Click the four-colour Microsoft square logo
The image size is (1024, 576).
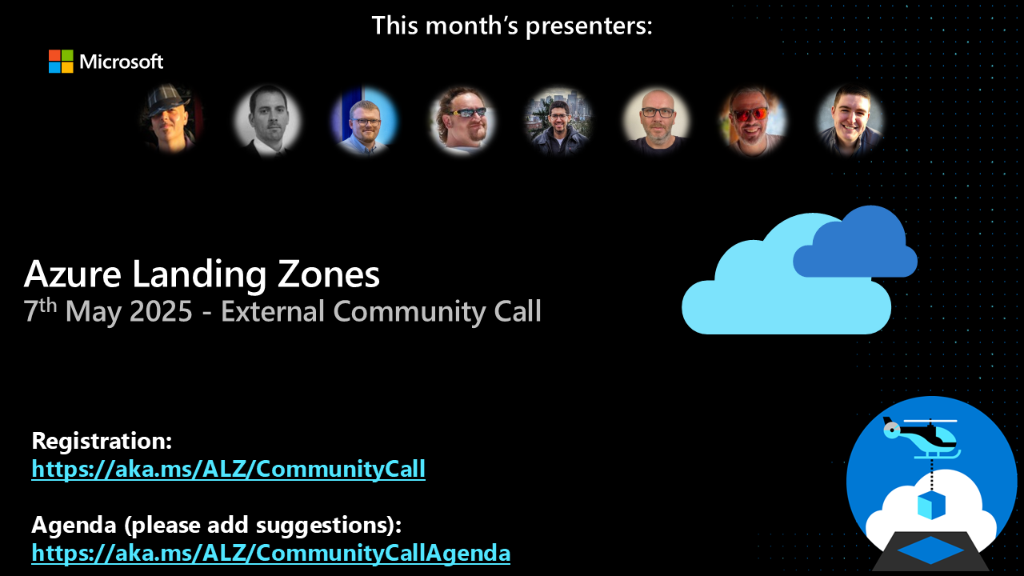coord(61,62)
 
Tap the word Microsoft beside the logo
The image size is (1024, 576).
coord(122,62)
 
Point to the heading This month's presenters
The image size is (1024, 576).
coord(512,26)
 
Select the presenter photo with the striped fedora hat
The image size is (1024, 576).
coord(170,119)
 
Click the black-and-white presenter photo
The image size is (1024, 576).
coord(267,120)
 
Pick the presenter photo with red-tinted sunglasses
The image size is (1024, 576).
coord(753,120)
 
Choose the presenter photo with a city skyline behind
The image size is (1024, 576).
coord(558,120)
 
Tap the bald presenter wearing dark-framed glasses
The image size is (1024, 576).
coord(656,120)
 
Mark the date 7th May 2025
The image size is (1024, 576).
coord(108,311)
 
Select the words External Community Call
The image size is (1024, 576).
coord(381,311)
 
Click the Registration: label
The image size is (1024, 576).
coord(102,441)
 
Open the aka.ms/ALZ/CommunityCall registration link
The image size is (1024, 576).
coord(228,469)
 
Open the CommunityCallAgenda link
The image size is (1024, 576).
coord(270,553)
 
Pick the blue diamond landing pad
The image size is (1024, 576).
coord(931,550)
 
